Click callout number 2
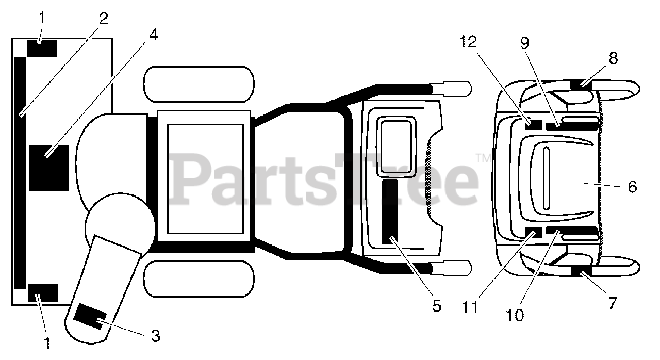coord(104,20)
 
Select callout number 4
coord(153,36)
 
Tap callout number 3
coord(155,336)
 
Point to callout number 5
coord(436,306)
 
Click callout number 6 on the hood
coord(632,186)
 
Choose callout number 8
coord(613,58)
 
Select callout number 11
coord(470,306)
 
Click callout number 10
coord(516,314)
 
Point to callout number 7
coord(612,303)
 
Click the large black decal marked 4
coord(48,168)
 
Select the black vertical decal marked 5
coord(389,212)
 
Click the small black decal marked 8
coord(581,84)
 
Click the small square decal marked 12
coord(533,124)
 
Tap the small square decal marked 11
coord(534,232)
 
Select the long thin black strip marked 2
coord(20,173)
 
